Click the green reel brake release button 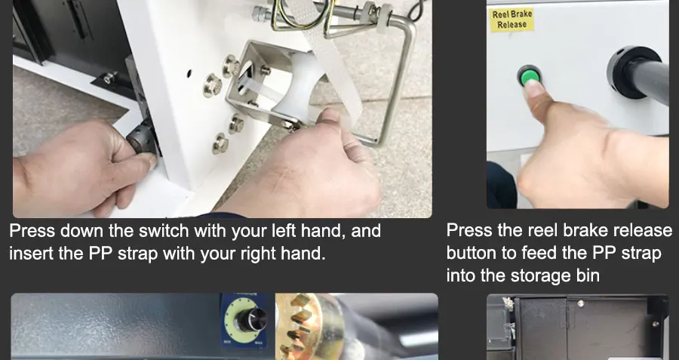tap(529, 75)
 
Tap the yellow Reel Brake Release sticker tap(512, 20)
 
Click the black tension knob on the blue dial tap(253, 319)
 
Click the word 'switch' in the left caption tap(163, 231)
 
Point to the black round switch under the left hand tap(142, 139)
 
